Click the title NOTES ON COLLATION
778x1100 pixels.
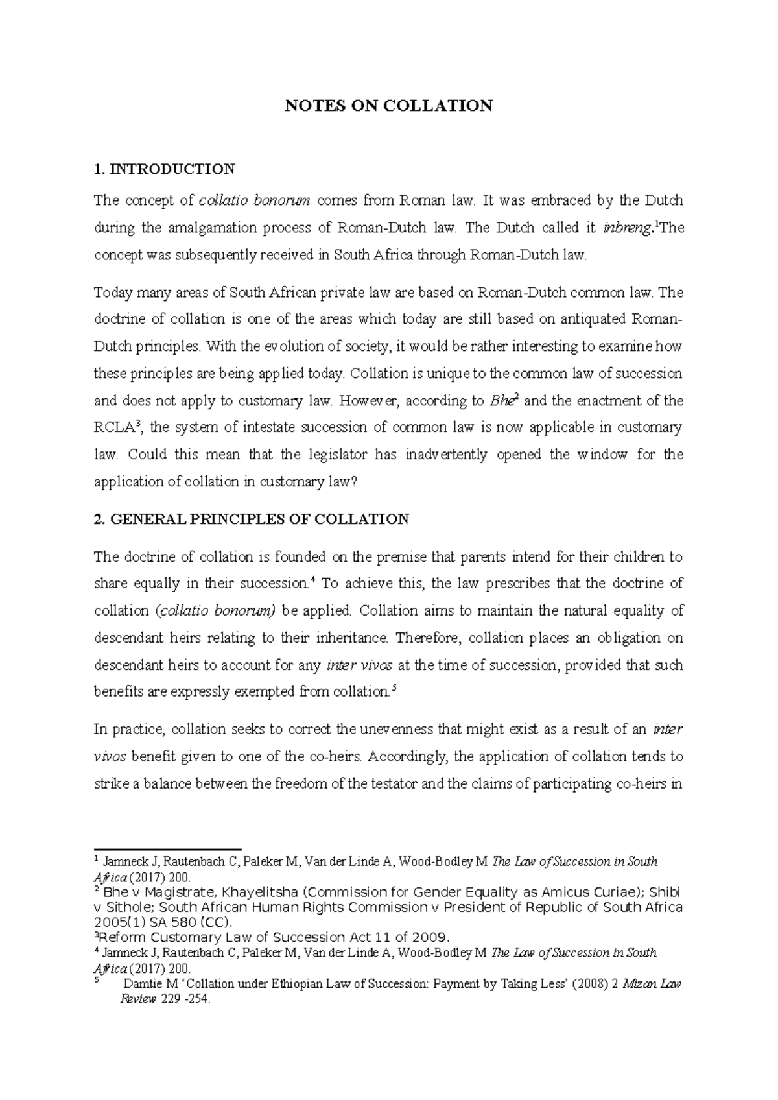click(389, 106)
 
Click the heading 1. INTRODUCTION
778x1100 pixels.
click(164, 170)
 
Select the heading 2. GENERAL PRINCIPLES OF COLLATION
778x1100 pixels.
click(252, 519)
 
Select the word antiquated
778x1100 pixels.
click(593, 320)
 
